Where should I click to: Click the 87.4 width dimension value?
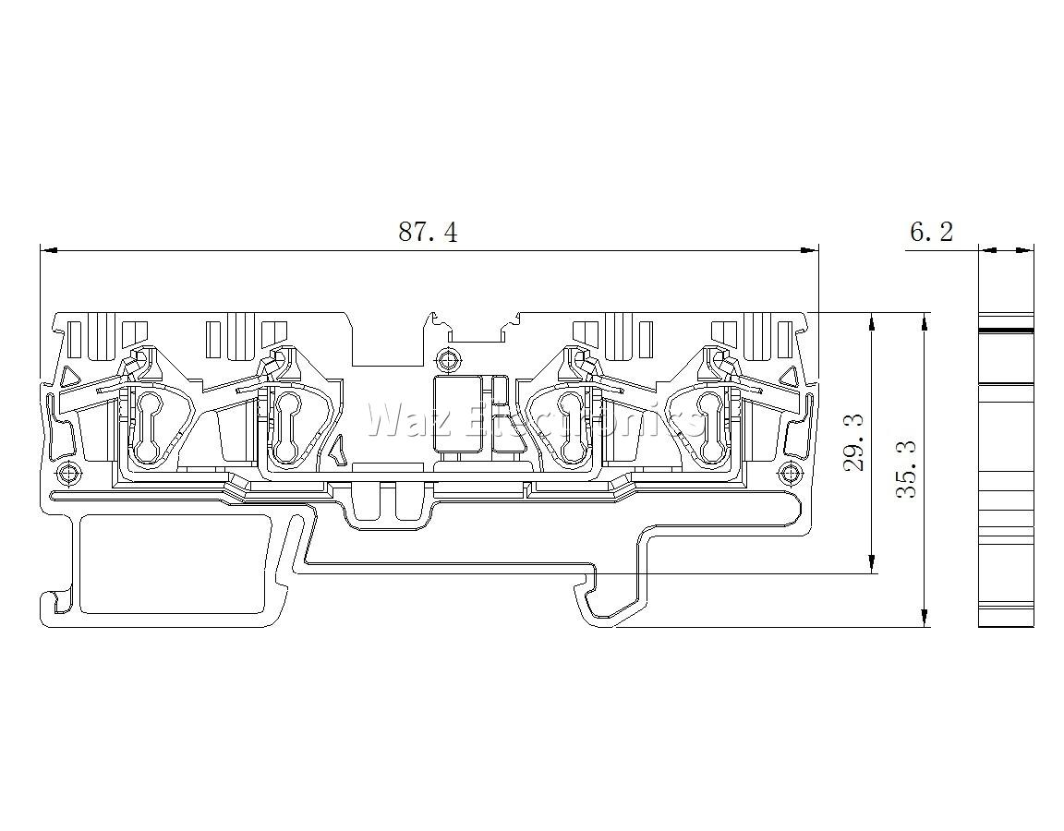tap(428, 232)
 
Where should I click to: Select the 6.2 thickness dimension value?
tap(931, 232)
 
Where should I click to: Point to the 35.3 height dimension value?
tap(907, 469)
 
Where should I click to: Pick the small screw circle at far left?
tap(66, 472)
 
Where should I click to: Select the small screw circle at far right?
tap(789, 472)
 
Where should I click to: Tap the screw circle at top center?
tap(446, 356)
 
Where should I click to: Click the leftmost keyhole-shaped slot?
tap(148, 426)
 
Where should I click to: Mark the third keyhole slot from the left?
tap(572, 426)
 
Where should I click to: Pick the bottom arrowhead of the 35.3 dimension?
tap(924, 616)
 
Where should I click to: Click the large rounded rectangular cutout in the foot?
tap(171, 563)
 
